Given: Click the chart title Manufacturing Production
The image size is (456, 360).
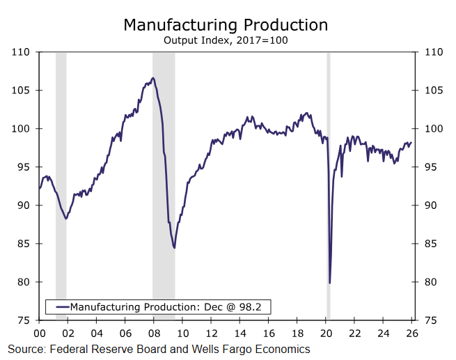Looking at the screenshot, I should point(226,25).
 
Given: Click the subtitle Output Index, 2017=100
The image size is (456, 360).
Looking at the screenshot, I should point(226,40).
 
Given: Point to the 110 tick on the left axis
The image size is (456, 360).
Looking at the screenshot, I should point(22,52).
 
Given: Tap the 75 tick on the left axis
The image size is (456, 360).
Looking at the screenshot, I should point(22,320).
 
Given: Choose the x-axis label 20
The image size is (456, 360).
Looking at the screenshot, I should point(326,334).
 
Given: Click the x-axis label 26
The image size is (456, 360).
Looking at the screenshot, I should point(412,334).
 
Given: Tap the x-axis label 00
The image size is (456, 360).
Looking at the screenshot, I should point(39,334).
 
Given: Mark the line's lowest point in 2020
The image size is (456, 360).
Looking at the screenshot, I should point(329,283).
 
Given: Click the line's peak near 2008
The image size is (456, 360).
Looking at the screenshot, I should point(153,78).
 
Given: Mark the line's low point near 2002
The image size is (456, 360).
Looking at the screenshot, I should point(65,219).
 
